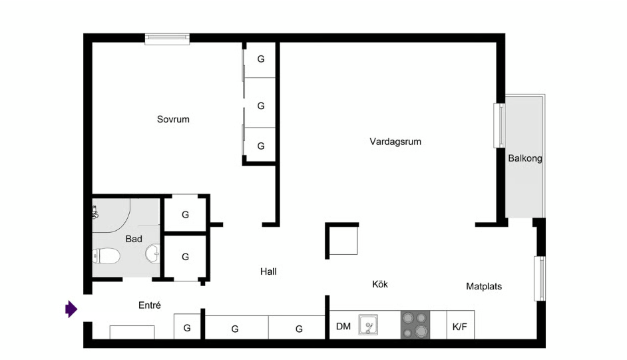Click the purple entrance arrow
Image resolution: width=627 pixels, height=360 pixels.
click(x=71, y=309)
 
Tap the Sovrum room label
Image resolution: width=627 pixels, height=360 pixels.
click(x=173, y=119)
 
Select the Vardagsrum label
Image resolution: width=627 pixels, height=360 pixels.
click(x=395, y=142)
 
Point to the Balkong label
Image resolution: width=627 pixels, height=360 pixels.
click(x=525, y=158)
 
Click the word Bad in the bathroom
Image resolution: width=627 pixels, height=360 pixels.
click(x=134, y=239)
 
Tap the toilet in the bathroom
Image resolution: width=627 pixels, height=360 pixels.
click(x=106, y=256)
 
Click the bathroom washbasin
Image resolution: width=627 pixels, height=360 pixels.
click(x=152, y=254)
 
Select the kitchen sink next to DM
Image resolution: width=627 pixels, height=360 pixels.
click(x=368, y=325)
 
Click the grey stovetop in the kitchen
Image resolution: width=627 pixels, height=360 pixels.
click(x=415, y=325)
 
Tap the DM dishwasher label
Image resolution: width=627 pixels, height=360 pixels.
click(x=343, y=327)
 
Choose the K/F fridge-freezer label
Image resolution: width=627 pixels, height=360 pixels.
click(x=459, y=327)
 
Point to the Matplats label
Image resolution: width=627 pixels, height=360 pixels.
click(x=484, y=286)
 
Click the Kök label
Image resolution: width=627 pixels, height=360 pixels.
click(x=380, y=284)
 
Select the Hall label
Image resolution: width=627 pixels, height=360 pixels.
click(x=268, y=271)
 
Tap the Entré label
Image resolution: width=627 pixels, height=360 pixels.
click(x=150, y=305)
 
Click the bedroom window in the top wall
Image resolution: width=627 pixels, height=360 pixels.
click(x=167, y=39)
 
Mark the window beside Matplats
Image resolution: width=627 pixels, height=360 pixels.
click(x=540, y=279)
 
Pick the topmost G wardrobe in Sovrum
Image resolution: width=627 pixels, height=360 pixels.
click(x=261, y=59)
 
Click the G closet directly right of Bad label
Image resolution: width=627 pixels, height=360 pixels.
click(x=185, y=214)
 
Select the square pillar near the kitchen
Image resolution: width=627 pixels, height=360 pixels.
click(x=342, y=240)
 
